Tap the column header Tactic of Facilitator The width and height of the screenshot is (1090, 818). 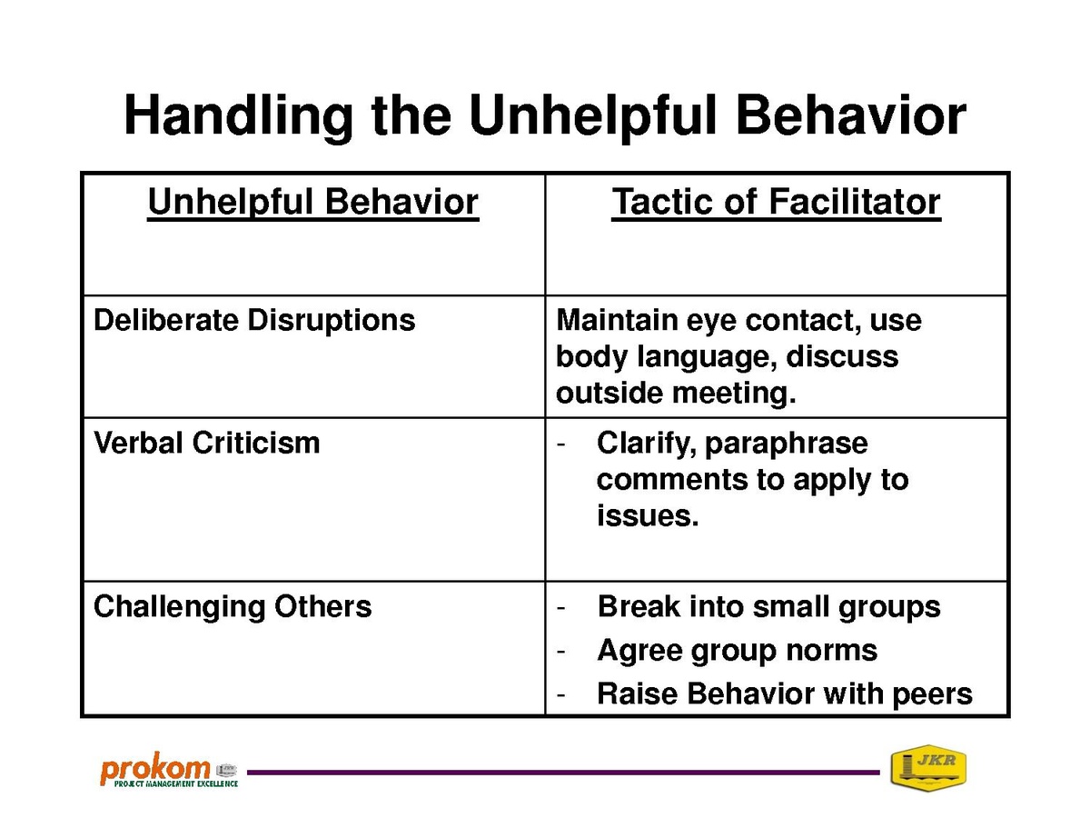(776, 203)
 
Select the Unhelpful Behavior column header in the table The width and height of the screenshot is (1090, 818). (312, 203)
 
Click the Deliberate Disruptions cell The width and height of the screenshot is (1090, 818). (254, 320)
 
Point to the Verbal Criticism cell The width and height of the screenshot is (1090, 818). (206, 443)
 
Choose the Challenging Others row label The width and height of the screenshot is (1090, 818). (233, 607)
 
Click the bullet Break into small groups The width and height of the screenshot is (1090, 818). (768, 607)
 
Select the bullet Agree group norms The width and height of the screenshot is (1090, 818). (738, 651)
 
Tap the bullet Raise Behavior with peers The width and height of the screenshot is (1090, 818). (785, 693)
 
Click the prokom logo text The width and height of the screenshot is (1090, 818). (155, 768)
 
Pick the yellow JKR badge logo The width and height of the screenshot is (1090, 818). (928, 767)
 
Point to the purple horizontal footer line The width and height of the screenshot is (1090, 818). (563, 773)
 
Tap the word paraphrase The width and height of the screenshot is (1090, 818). (786, 444)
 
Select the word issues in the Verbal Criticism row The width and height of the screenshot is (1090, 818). (648, 515)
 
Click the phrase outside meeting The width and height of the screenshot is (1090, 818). (676, 394)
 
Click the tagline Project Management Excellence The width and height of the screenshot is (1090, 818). (176, 783)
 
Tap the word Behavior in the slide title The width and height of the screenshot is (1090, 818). (850, 115)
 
